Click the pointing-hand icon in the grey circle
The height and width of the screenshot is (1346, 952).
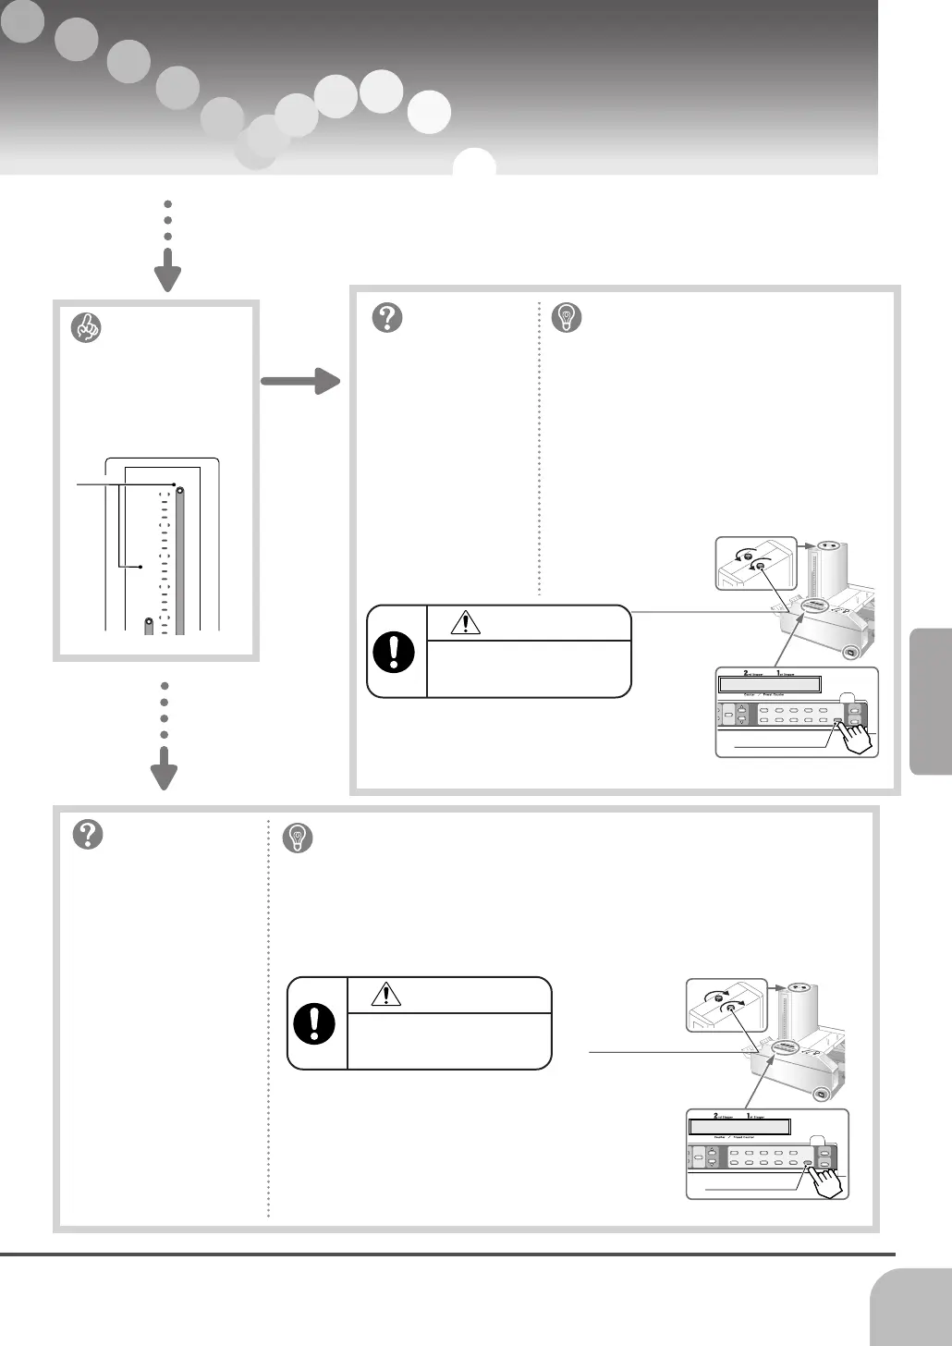[86, 327]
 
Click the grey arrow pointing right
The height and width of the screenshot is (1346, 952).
[301, 380]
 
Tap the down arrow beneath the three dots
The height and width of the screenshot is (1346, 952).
[167, 275]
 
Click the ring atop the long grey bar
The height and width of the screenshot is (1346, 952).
[180, 491]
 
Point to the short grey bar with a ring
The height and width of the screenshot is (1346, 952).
[148, 626]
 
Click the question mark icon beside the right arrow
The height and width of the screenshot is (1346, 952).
[386, 317]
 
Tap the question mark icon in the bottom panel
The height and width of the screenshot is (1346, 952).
[88, 835]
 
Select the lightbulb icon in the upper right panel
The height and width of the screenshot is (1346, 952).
[567, 318]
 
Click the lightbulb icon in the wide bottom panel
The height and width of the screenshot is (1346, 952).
[298, 838]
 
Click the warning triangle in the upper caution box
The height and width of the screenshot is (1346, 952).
[465, 623]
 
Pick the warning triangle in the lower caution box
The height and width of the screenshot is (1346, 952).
[385, 994]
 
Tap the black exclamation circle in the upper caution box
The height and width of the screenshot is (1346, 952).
[394, 653]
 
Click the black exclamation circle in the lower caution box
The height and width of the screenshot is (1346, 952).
[314, 1024]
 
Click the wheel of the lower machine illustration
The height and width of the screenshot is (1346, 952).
[818, 1096]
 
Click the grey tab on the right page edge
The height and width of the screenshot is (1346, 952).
[931, 701]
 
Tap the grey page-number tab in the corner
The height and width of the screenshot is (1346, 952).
[912, 1307]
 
